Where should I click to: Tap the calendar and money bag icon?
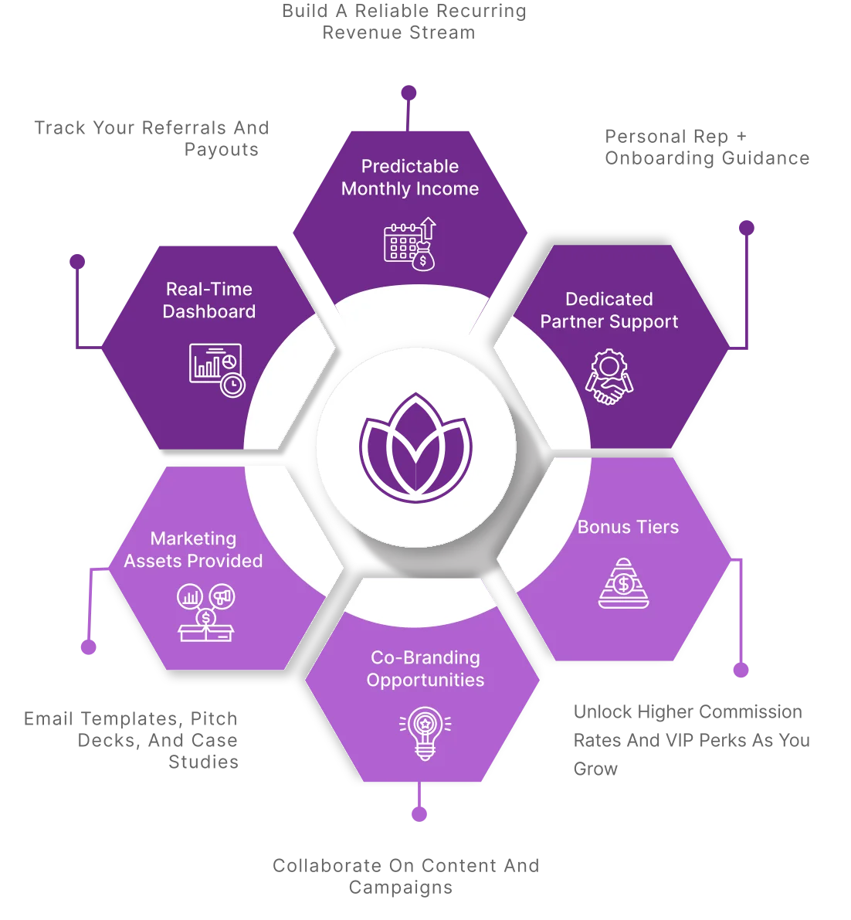tap(410, 244)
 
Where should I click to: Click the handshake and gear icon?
tap(609, 377)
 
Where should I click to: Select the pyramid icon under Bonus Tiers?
tap(624, 582)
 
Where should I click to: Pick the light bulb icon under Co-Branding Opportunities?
tap(425, 733)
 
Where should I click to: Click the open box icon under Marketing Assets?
tap(205, 613)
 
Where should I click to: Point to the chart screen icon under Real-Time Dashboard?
tap(217, 370)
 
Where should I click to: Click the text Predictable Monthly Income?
tap(410, 178)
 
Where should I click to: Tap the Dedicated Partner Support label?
tap(609, 311)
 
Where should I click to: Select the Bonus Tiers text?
tap(628, 527)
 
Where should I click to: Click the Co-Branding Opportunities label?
tap(425, 669)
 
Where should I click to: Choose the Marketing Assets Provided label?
tap(194, 550)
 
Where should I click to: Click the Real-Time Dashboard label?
tap(209, 300)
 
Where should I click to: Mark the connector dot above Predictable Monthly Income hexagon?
tap(409, 93)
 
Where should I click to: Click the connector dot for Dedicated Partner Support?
tap(745, 228)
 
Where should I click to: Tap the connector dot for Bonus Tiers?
tap(741, 670)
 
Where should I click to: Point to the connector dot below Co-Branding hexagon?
tap(419, 813)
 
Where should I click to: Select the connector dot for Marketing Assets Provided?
tap(90, 646)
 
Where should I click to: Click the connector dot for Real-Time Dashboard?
tap(76, 261)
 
